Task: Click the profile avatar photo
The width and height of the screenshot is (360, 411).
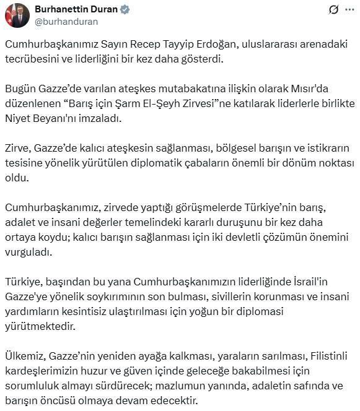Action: [x=17, y=15]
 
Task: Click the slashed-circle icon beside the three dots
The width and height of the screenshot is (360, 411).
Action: [x=333, y=9]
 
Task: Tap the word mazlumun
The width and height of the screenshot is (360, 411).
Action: [x=183, y=384]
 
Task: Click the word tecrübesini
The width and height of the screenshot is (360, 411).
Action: [x=33, y=60]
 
